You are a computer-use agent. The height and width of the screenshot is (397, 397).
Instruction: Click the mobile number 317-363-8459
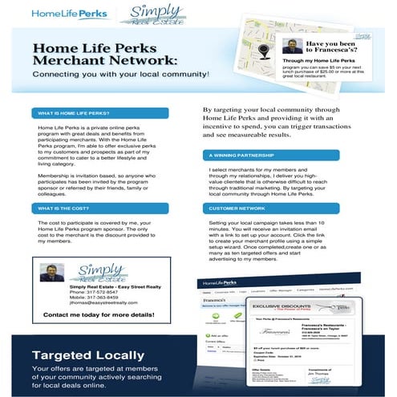(x=113, y=301)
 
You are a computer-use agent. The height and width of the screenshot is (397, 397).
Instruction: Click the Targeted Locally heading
(x=89, y=355)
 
